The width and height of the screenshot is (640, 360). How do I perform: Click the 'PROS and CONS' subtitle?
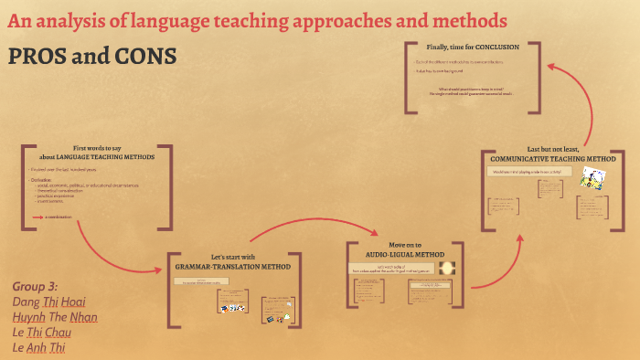(91, 56)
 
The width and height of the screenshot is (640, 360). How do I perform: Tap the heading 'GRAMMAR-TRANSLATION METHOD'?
(232, 267)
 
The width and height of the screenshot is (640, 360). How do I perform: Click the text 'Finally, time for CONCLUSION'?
(473, 47)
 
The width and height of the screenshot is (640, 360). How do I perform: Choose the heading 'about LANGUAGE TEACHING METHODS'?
(97, 156)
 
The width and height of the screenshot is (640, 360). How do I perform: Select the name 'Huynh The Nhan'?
(55, 316)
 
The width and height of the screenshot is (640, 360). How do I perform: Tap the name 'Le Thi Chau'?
(45, 332)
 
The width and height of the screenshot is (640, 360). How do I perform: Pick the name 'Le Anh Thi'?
(42, 347)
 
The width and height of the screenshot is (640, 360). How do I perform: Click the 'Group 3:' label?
(37, 285)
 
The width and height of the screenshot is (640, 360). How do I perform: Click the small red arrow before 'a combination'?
(37, 217)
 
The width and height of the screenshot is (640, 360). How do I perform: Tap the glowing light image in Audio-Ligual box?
(448, 268)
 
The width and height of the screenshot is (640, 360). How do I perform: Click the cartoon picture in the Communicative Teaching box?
(591, 179)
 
